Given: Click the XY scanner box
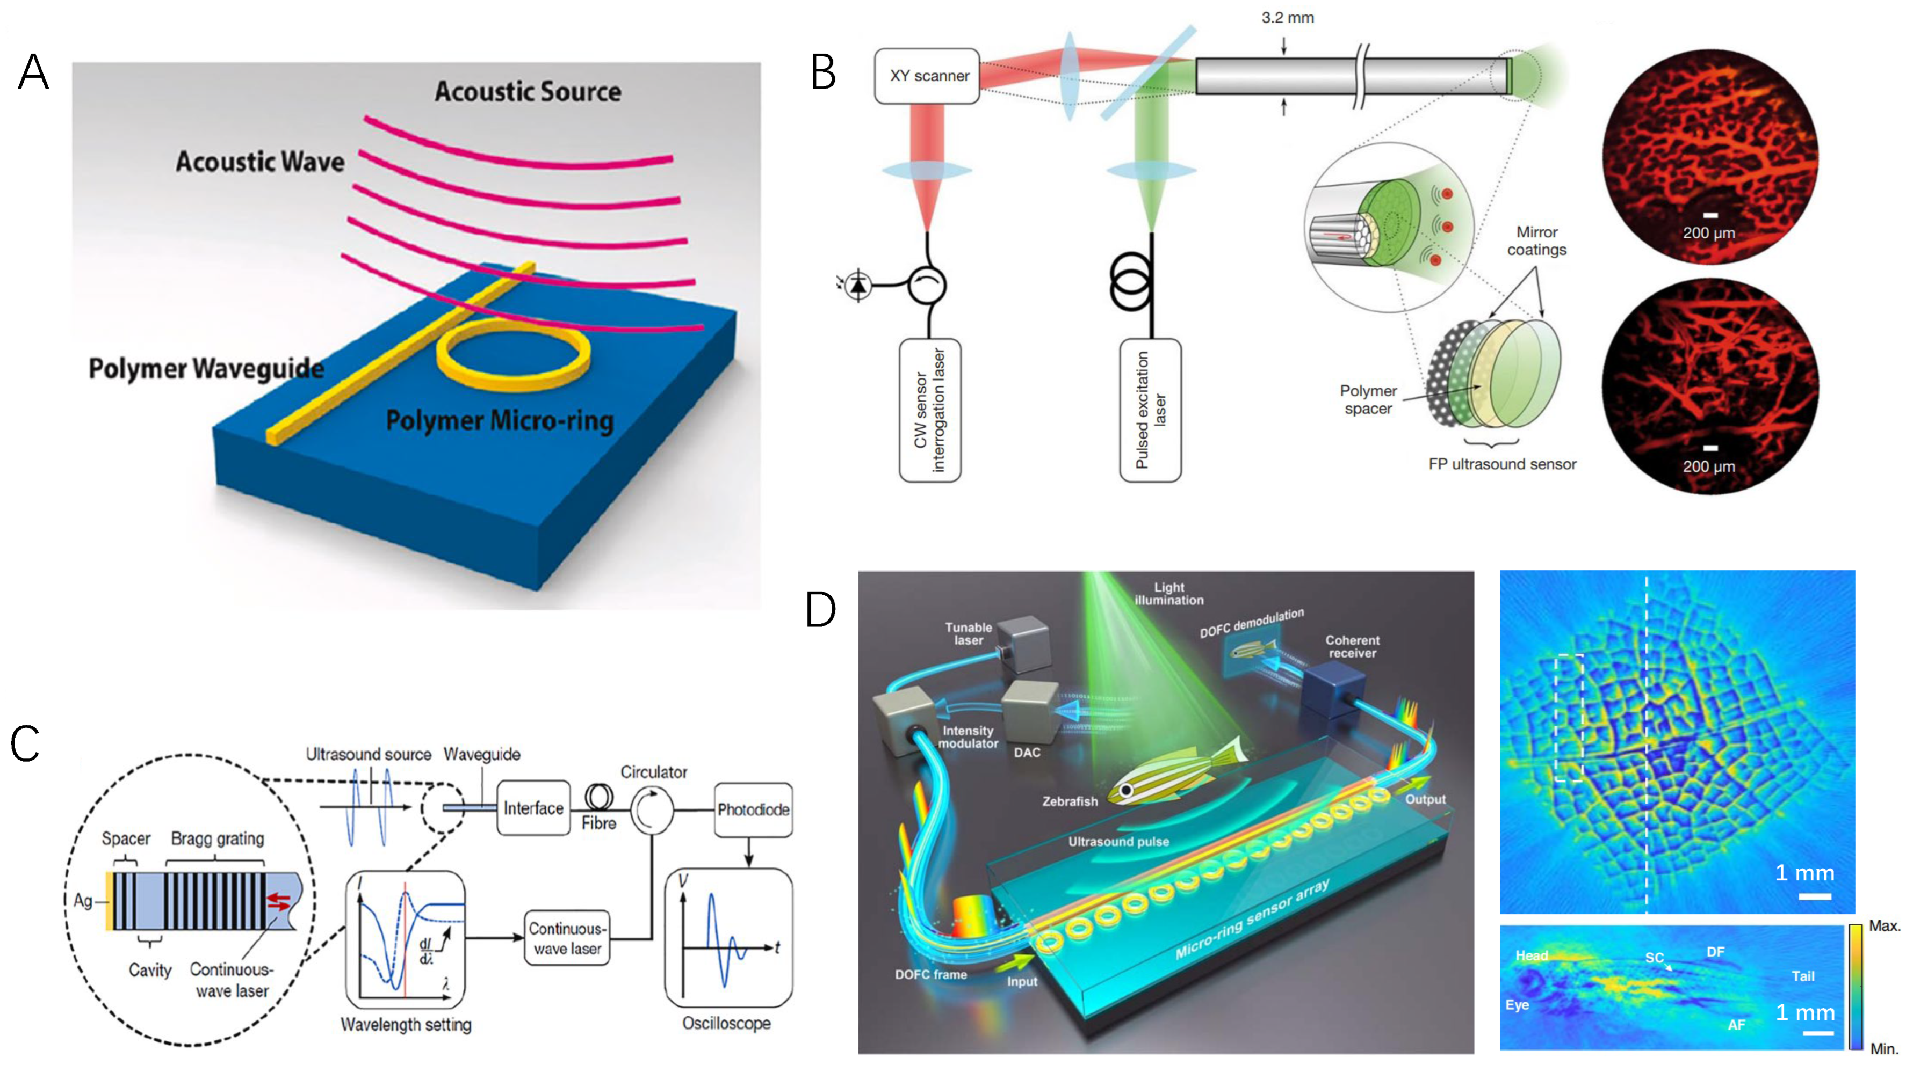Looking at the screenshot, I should coord(927,76).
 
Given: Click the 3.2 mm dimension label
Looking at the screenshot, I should coord(1288,18).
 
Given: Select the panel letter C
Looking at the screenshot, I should coord(25,743).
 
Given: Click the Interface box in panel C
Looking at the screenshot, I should coord(533,808).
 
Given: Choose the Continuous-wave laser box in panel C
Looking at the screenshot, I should coord(567,938).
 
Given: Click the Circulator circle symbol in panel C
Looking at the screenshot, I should coord(652,810).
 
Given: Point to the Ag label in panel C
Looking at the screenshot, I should coord(82,901).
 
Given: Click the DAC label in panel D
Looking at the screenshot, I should coord(1027,752).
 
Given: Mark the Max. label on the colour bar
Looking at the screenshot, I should coord(1884,926).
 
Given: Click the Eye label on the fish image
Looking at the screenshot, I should coord(1517,1005).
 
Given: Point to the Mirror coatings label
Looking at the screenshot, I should coord(1537,241).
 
